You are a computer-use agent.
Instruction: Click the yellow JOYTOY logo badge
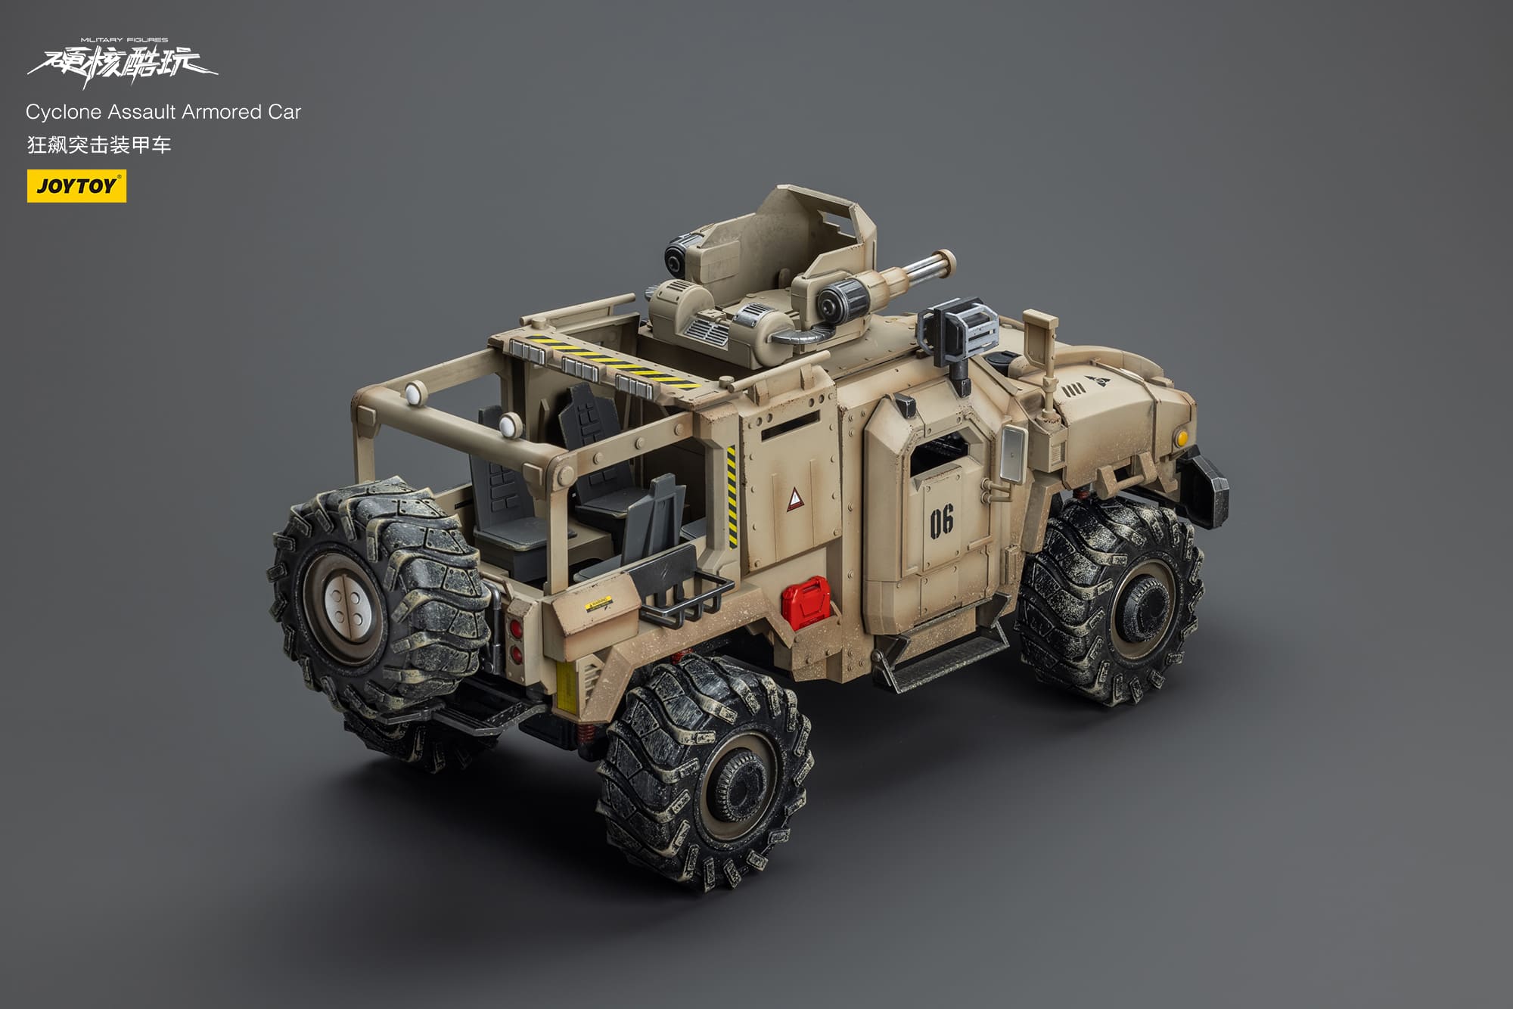click(x=76, y=186)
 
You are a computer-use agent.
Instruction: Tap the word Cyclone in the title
click(x=64, y=112)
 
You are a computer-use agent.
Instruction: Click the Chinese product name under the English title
click(x=99, y=144)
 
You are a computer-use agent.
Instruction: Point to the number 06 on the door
click(x=942, y=521)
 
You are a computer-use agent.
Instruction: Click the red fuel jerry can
click(x=805, y=603)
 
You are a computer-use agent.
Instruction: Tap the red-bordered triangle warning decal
click(x=795, y=498)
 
